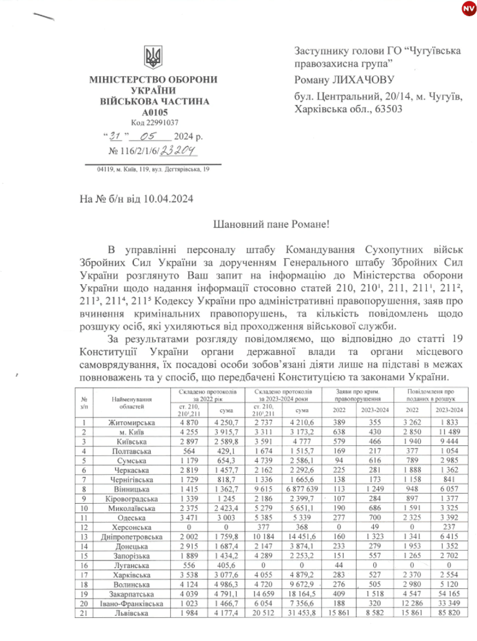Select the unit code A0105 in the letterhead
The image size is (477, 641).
(153, 112)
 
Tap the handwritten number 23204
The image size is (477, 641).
(177, 149)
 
